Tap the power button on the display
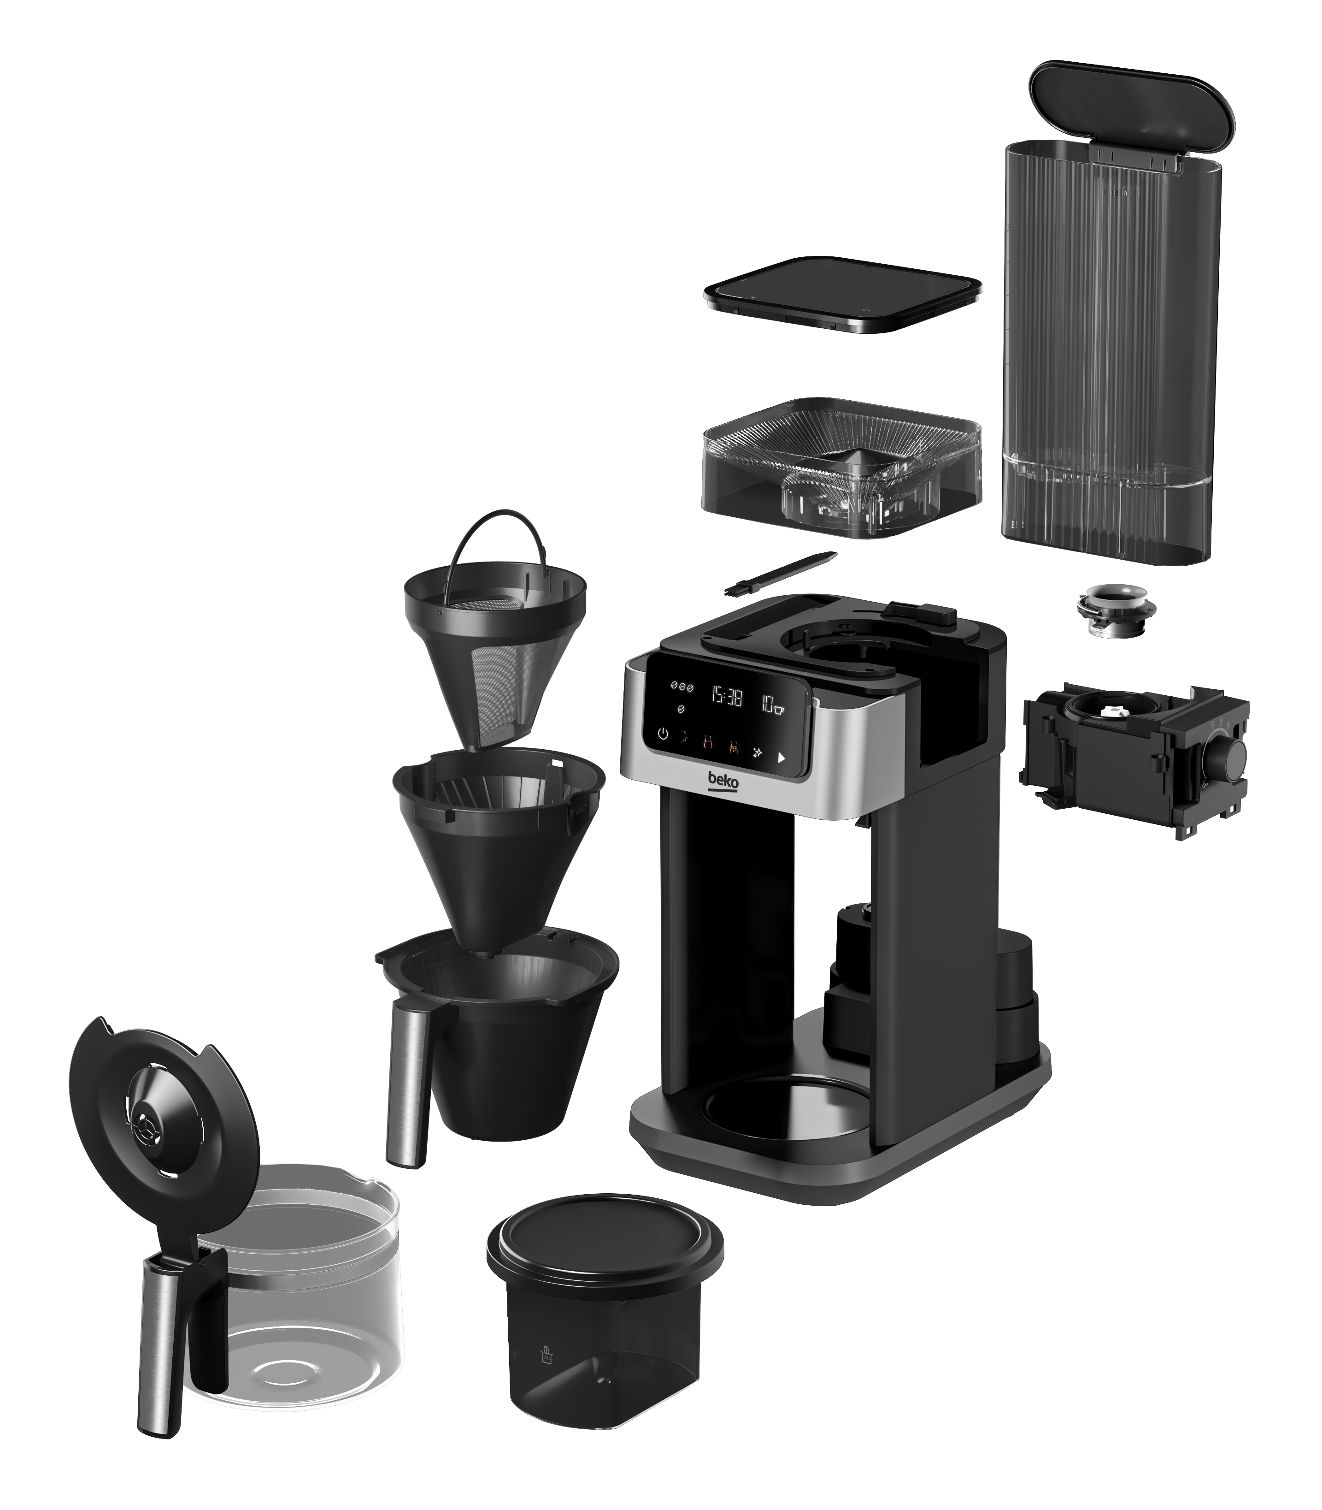point(663,734)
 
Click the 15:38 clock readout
point(726,695)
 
